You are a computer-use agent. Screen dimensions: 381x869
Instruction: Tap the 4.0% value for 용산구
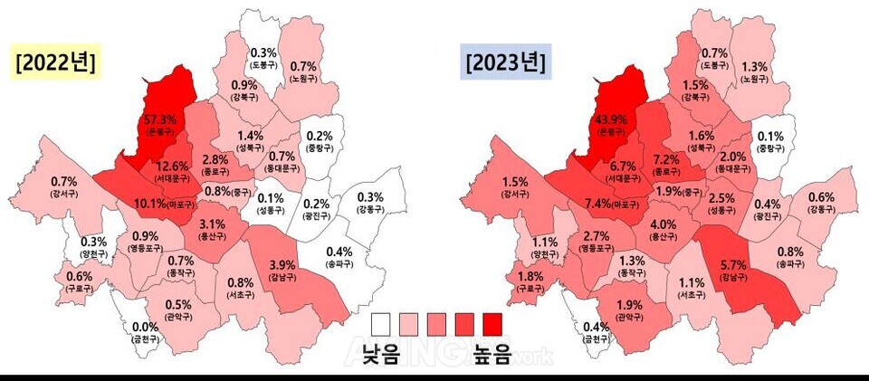pos(663,224)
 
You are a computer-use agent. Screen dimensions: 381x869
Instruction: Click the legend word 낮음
pos(381,353)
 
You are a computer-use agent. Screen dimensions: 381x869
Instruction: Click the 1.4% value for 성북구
pos(250,136)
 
